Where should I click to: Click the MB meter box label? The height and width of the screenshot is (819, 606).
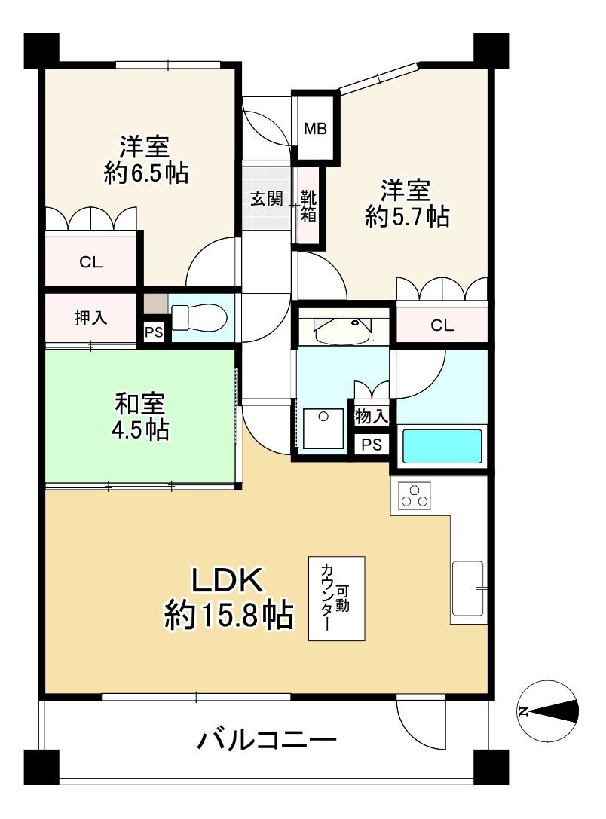pyautogui.click(x=315, y=129)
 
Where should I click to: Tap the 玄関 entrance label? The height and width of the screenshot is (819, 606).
pyautogui.click(x=266, y=200)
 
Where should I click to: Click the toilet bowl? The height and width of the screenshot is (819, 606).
pyautogui.click(x=197, y=317)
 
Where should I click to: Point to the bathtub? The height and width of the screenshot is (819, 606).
pyautogui.click(x=442, y=445)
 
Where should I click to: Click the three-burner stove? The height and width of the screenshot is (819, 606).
pyautogui.click(x=414, y=497)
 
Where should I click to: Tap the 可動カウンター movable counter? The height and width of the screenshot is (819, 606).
pyautogui.click(x=336, y=598)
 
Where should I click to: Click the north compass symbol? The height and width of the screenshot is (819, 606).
pyautogui.click(x=548, y=711)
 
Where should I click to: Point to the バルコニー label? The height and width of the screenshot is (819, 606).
pyautogui.click(x=266, y=741)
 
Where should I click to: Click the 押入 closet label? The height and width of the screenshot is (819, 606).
pyautogui.click(x=90, y=318)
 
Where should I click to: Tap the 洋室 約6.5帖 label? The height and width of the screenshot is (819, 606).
pyautogui.click(x=145, y=160)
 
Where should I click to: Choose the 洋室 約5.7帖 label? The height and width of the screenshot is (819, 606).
pyautogui.click(x=406, y=203)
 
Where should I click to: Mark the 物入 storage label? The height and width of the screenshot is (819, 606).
pyautogui.click(x=371, y=415)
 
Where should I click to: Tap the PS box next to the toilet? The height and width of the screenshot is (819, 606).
pyautogui.click(x=153, y=332)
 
